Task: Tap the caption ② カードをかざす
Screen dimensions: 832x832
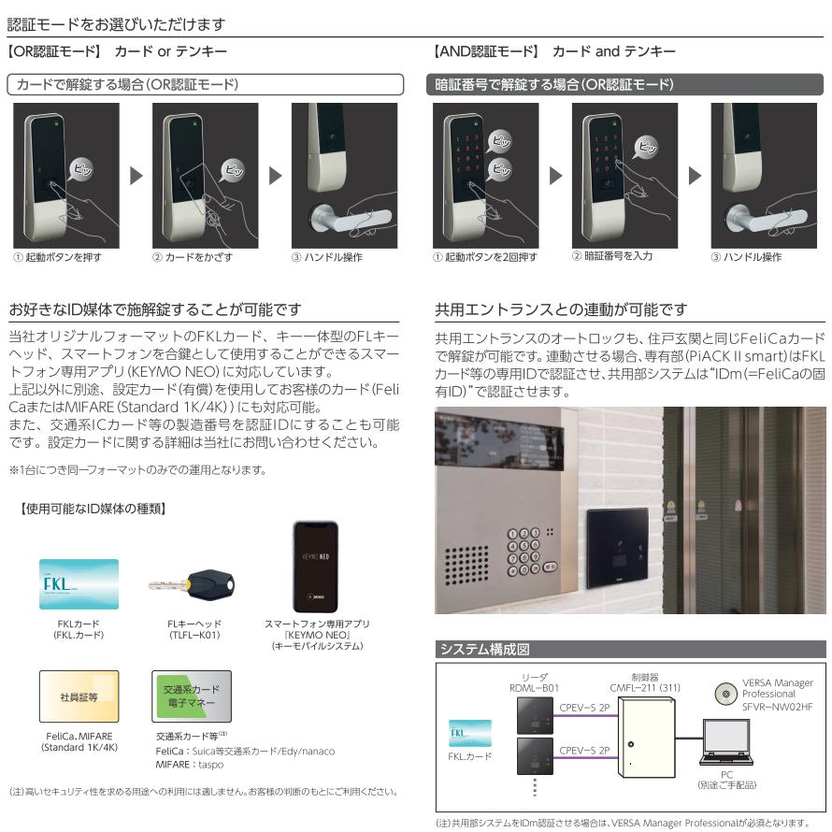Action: tap(193, 257)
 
